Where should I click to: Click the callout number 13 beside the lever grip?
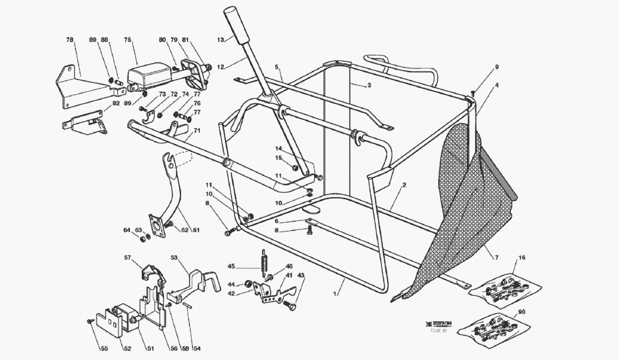tap(221, 39)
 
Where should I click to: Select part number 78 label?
tap(69, 40)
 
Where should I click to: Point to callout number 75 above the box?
tap(128, 40)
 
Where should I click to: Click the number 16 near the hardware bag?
tap(522, 258)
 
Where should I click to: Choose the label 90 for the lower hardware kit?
tap(522, 312)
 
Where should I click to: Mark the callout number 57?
tap(128, 258)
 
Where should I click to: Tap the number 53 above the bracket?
tap(174, 258)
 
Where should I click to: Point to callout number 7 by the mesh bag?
tap(496, 258)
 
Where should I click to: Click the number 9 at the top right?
tap(497, 67)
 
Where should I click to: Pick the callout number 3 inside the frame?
tap(369, 85)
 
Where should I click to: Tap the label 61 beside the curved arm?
tap(196, 230)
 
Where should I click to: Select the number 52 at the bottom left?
tap(127, 349)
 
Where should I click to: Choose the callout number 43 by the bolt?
tap(300, 275)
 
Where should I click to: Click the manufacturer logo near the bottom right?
tap(443, 325)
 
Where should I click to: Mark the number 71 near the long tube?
tap(197, 130)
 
